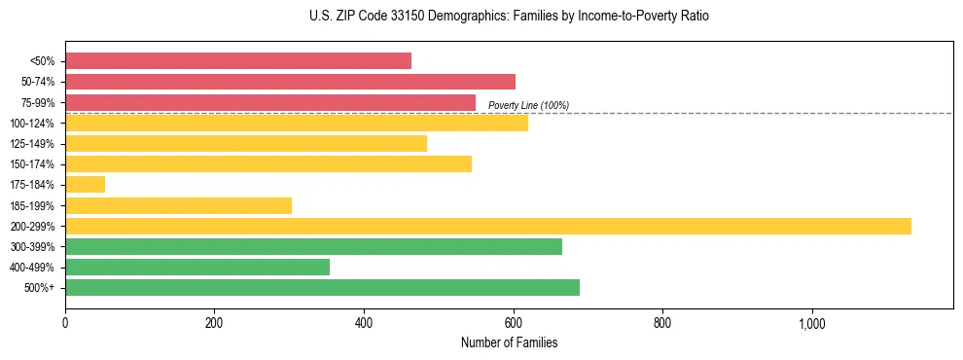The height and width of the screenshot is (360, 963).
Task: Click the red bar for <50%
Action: point(238,60)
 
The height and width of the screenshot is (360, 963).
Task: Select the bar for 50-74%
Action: point(290,82)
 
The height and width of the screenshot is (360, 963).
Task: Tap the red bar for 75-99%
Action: point(270,102)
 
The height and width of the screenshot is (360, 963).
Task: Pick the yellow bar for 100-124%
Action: point(297,123)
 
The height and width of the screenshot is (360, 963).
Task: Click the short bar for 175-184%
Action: point(85,185)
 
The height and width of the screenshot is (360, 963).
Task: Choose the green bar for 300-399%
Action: point(313,247)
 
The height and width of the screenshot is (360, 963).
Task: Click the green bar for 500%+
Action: point(322,288)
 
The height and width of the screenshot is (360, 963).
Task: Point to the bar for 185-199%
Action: point(178,205)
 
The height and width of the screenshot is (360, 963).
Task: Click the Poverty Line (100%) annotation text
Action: point(528,105)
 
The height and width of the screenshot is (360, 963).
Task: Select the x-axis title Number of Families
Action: point(509,342)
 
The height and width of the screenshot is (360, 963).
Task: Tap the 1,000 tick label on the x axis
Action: point(811,323)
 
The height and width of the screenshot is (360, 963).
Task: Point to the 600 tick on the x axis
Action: point(513,323)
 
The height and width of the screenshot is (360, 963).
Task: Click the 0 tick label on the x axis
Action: point(65,323)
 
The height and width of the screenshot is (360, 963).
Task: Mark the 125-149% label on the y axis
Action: point(32,144)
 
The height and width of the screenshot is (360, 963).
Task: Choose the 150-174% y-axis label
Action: point(32,164)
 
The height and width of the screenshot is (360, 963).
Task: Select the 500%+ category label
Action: point(39,288)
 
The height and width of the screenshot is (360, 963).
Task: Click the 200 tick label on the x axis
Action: point(214,323)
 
